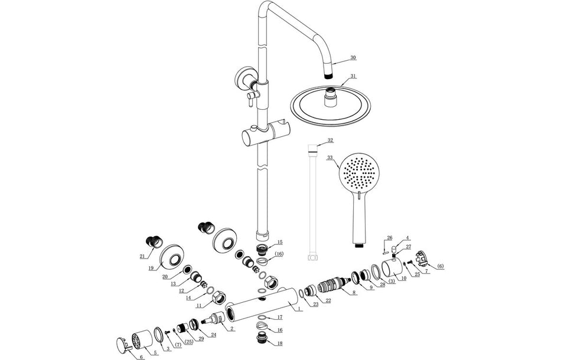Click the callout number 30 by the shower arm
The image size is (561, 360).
tap(353, 58)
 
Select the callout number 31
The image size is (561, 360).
tap(353, 76)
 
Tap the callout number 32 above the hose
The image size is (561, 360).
tap(330, 140)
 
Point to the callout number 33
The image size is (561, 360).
tap(330, 158)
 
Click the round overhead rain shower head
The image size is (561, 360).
tap(332, 107)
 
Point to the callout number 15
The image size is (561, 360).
tap(279, 242)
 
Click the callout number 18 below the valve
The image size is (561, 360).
tap(279, 343)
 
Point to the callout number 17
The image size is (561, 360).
tap(279, 317)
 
